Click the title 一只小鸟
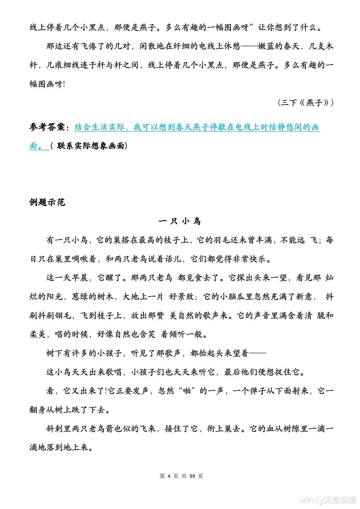coord(179,221)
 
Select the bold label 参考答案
coord(47,127)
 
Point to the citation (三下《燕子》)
coord(305,103)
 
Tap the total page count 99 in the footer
coord(193,476)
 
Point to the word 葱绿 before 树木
coord(80,297)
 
